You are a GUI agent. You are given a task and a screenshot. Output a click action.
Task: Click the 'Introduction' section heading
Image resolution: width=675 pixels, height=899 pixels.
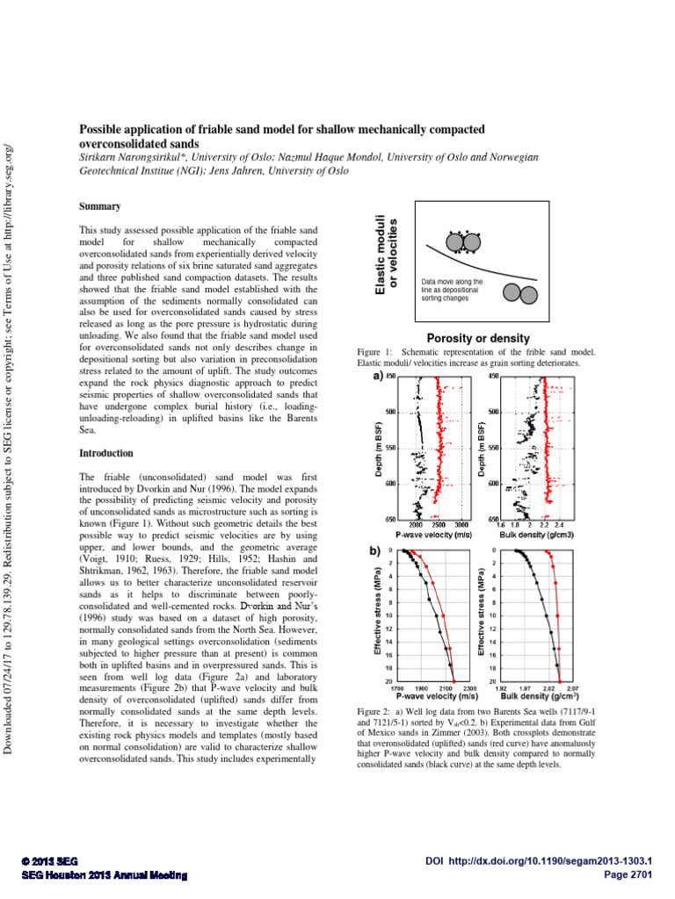(105, 453)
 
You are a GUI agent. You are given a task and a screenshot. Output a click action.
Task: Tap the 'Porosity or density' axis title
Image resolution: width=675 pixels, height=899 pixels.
(477, 338)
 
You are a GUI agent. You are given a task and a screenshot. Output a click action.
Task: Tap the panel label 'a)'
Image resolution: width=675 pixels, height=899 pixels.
(377, 377)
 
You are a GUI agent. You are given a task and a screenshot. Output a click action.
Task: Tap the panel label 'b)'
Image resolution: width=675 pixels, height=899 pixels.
(377, 550)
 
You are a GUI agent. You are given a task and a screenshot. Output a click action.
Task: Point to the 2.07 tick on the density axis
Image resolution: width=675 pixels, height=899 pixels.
(571, 688)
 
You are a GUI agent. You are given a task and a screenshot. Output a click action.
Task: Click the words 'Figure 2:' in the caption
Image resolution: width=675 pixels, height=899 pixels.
(376, 708)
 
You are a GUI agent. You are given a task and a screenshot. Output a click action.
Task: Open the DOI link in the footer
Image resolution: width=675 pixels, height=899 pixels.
(544, 862)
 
